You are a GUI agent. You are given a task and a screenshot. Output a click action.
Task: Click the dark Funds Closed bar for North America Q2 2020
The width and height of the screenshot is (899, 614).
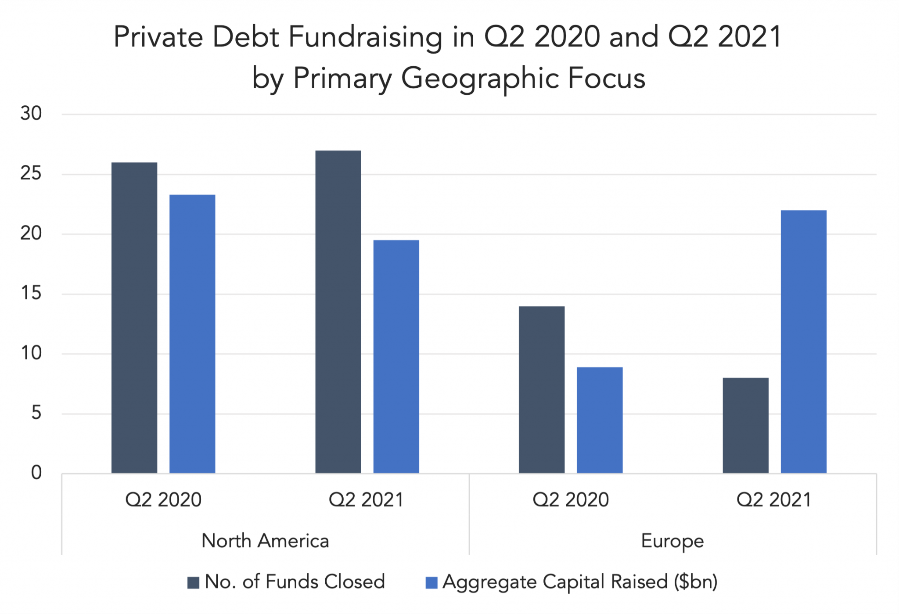coord(134,318)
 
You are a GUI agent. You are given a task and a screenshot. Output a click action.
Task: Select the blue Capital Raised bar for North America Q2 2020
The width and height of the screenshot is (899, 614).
coord(192,334)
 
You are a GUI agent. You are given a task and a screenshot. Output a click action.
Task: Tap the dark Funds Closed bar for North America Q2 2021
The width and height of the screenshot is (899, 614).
coord(338,312)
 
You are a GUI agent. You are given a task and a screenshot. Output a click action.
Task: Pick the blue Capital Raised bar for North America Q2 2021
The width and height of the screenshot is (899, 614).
coord(396,356)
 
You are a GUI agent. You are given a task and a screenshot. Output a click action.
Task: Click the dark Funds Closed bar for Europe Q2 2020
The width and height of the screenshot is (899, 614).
coord(542,390)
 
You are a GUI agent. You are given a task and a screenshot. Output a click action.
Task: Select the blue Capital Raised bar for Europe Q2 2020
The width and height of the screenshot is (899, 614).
coord(600,420)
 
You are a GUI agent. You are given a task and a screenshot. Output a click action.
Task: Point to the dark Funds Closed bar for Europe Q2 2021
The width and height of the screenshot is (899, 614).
coord(745,425)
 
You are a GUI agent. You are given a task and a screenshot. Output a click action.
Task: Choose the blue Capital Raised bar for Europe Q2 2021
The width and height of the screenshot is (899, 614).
coord(803,341)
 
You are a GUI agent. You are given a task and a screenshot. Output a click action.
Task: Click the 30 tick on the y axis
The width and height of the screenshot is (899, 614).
coord(31,114)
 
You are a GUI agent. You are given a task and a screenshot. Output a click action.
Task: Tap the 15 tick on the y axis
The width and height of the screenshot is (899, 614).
coord(31,293)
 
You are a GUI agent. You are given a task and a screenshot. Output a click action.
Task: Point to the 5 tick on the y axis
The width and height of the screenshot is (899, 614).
coord(36,413)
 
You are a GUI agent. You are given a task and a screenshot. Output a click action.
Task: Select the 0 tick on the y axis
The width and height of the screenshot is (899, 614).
coord(36,473)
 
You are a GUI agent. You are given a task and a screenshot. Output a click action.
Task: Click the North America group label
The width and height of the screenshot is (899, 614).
coord(265,541)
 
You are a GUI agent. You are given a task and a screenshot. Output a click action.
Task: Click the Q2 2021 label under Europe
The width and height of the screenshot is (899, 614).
coord(774,500)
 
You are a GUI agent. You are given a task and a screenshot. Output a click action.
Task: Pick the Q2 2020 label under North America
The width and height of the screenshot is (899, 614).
coord(163,500)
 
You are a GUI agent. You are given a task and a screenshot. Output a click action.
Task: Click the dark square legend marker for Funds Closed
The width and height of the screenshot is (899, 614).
coord(193,582)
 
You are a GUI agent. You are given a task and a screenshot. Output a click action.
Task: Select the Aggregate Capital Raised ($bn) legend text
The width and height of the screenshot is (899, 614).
coord(580,582)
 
